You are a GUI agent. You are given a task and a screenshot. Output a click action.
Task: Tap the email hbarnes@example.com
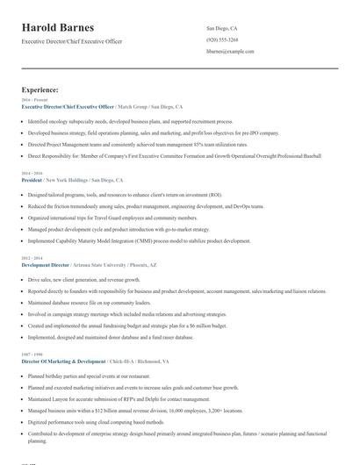pyautogui.click(x=230, y=51)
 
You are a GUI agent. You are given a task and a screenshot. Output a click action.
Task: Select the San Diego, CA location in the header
pyautogui.click(x=221, y=28)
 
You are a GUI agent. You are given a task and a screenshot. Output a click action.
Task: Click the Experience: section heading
pyautogui.click(x=40, y=89)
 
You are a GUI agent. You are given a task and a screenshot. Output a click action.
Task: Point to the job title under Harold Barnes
pyautogui.click(x=72, y=41)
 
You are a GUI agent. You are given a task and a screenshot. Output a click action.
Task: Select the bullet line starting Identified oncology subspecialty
pyautogui.click(x=130, y=122)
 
